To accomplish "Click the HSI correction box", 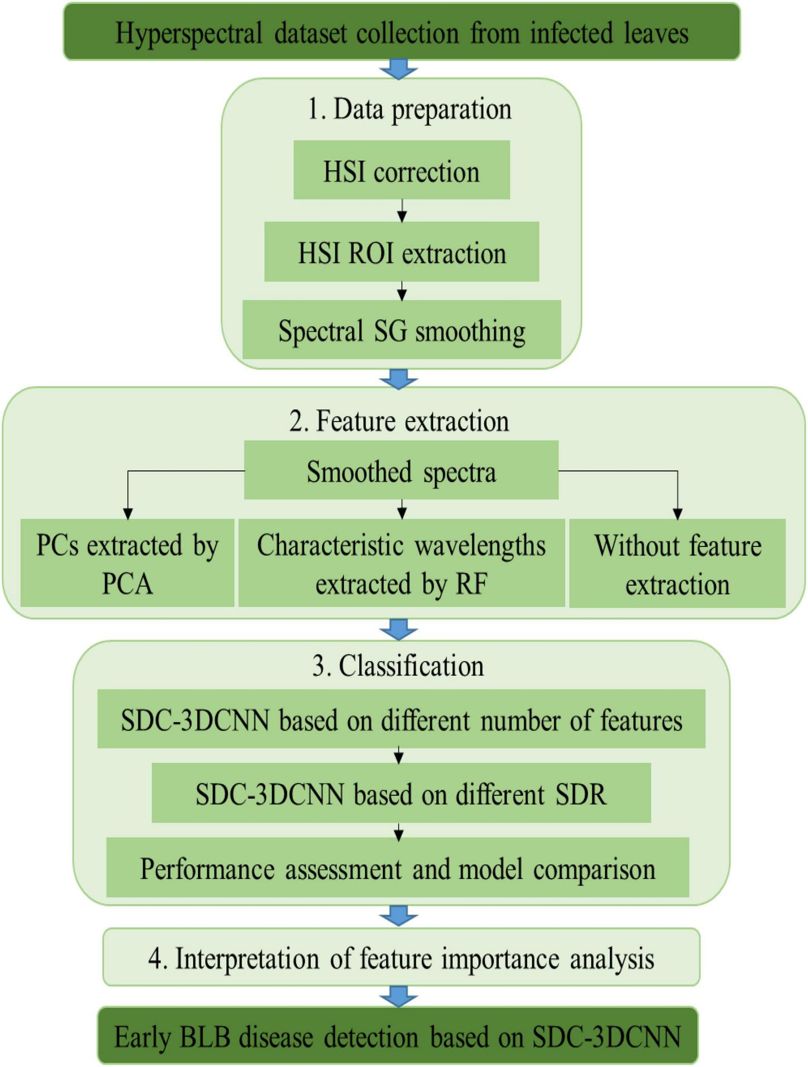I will point(401,170).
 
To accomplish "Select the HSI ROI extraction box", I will point(401,252).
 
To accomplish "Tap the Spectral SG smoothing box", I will point(401,330).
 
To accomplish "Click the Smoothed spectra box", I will point(401,471).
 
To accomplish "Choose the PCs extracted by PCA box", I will point(127,563).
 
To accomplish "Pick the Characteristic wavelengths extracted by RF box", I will point(401,563).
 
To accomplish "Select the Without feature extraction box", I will point(677,563).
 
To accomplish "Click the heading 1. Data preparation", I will point(409,109).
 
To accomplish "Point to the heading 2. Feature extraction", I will point(399,421).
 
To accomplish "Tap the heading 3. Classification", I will point(398,666).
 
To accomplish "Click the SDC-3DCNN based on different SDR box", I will point(401,793).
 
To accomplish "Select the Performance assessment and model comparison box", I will point(397,868).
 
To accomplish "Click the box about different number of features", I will point(401,719).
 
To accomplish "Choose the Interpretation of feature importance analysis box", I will point(401,958).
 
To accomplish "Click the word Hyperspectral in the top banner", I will point(188,33).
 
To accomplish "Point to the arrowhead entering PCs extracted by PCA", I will point(128,513).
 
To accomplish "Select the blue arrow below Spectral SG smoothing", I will point(398,379).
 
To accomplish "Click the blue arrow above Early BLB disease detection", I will point(398,996).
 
